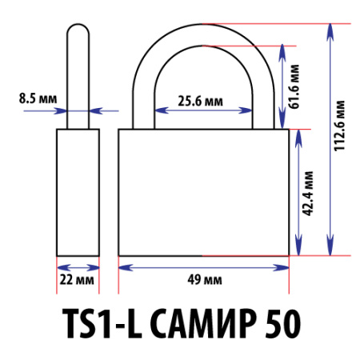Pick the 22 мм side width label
[78, 280]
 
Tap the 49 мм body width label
[205, 280]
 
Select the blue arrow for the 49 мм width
[204, 266]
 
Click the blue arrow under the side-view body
[78, 266]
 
